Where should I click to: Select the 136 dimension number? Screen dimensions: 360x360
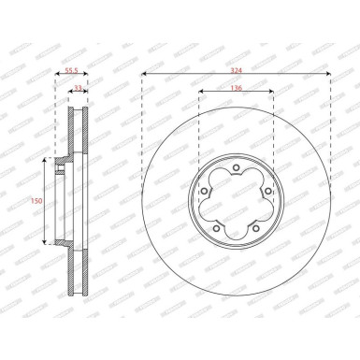click(x=237, y=88)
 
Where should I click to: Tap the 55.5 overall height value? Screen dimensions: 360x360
click(x=71, y=70)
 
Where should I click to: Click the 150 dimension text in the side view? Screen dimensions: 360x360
click(x=36, y=200)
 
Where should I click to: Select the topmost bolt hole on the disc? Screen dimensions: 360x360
click(x=237, y=168)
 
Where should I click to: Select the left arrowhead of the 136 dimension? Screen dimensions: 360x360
click(x=200, y=94)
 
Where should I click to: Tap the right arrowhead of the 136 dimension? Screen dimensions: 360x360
click(x=272, y=94)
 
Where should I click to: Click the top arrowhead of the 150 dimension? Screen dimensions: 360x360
click(x=45, y=161)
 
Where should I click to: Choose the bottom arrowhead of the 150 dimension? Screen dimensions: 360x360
click(x=45, y=243)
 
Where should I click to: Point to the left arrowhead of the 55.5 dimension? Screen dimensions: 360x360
click(x=57, y=76)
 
